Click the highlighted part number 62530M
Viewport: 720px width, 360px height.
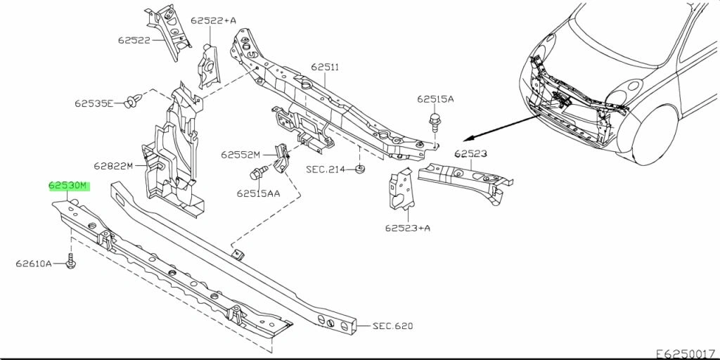tap(69, 186)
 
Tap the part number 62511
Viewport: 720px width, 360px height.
tap(325, 67)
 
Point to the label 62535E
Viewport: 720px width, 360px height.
tap(94, 103)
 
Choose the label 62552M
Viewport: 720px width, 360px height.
tap(240, 155)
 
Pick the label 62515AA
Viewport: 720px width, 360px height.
tap(258, 193)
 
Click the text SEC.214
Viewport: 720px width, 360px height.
tap(326, 169)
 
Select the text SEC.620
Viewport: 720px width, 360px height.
tap(392, 326)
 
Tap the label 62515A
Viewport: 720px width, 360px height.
tap(435, 99)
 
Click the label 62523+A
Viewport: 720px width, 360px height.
tap(408, 227)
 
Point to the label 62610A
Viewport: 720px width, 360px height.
tap(34, 264)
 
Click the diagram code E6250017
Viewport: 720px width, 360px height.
tap(687, 353)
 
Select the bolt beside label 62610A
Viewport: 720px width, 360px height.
tap(70, 263)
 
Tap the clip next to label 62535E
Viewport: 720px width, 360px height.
tap(129, 103)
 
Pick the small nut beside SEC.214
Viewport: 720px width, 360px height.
tap(359, 169)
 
